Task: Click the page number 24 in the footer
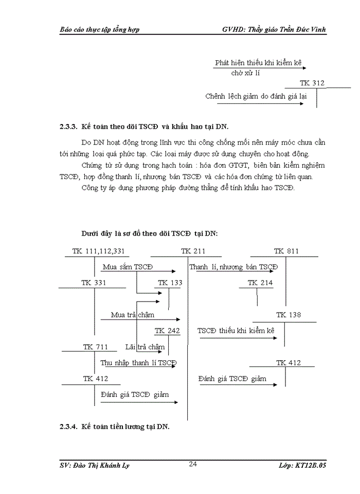pos(193,464)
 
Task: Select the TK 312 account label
pos(312,83)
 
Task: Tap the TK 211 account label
pos(193,251)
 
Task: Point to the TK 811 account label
pos(286,251)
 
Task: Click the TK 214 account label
pos(260,283)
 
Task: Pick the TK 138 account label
pos(288,315)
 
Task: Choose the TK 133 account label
pos(170,283)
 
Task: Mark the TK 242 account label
pos(167,331)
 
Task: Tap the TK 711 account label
pos(96,347)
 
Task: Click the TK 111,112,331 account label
pos(93,251)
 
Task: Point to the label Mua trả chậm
pos(132,315)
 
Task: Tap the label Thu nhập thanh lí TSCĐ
pos(138,363)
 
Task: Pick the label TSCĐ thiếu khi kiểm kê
pos(236,331)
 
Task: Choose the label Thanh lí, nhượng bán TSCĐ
pos(233,267)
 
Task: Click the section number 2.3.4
pos(68,427)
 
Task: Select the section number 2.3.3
pos(68,126)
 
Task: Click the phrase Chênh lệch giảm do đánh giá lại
pos(253,96)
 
